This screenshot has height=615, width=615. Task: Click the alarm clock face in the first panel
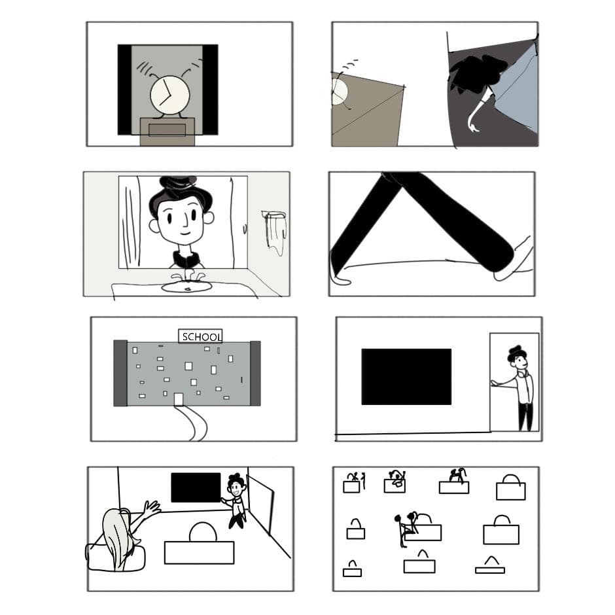(170, 96)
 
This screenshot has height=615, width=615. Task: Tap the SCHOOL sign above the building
(200, 336)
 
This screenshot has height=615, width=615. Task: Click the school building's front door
(179, 399)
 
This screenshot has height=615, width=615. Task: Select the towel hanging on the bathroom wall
(275, 232)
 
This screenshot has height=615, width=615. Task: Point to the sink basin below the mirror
(186, 287)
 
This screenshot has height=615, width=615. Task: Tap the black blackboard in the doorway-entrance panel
(406, 377)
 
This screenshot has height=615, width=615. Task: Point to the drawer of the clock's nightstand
(167, 130)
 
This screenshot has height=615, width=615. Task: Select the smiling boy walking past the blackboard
(236, 501)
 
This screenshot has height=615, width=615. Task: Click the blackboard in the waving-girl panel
(196, 487)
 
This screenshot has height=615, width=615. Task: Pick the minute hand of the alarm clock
(167, 87)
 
